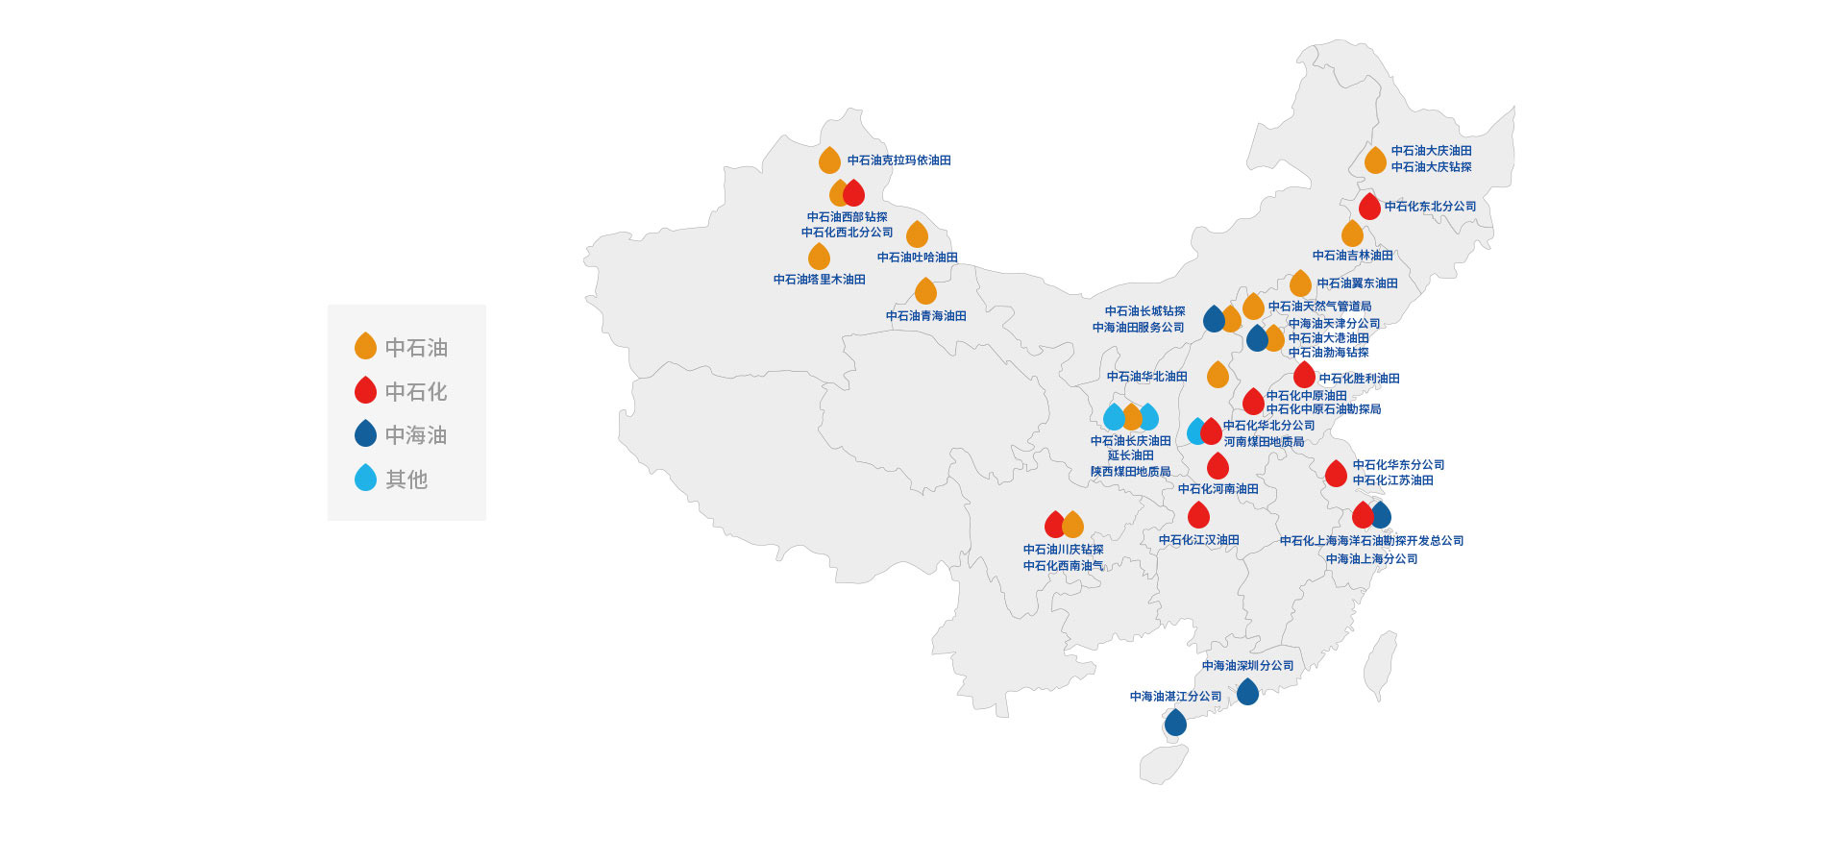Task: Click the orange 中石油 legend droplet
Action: [x=365, y=346]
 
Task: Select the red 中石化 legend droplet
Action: [x=365, y=390]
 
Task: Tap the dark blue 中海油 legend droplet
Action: [x=365, y=433]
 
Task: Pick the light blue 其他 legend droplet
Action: [x=365, y=478]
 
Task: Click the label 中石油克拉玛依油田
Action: [x=898, y=160]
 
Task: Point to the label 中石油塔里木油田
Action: [x=820, y=280]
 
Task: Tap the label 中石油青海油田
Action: [x=926, y=316]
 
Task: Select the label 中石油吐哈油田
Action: [x=918, y=258]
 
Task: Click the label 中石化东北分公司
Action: [x=1430, y=207]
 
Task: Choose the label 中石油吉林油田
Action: [x=1353, y=256]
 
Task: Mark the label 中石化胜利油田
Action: [x=1359, y=379]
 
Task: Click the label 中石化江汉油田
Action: [x=1199, y=540]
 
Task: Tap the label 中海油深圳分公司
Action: [x=1247, y=666]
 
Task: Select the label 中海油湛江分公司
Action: [x=1176, y=697]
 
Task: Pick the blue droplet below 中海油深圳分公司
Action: [x=1247, y=691]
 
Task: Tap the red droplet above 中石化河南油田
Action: [x=1218, y=466]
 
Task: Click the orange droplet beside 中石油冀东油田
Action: [x=1300, y=283]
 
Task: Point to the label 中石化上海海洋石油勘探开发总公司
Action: [x=1371, y=541]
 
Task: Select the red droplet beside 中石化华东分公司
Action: [x=1336, y=473]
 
